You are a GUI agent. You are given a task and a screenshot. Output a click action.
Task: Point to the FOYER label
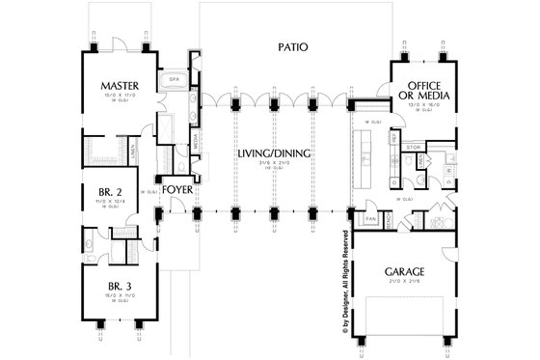(x=176, y=189)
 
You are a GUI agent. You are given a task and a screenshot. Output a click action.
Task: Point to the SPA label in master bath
(x=175, y=79)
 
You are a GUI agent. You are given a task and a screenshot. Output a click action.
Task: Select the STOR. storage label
(x=414, y=149)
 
